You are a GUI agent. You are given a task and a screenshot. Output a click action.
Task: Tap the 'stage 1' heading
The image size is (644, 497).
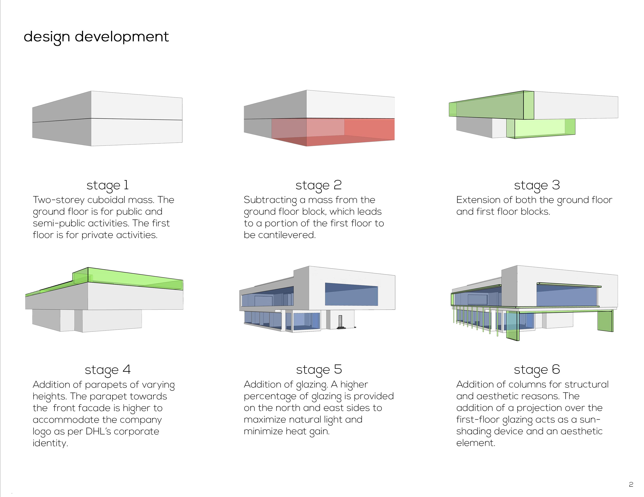(108, 185)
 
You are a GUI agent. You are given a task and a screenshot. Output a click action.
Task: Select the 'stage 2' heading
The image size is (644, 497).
(318, 185)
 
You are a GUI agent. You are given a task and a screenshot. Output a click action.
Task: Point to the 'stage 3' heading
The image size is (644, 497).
(537, 185)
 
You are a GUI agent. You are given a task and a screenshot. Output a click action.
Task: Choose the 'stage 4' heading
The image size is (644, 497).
(108, 370)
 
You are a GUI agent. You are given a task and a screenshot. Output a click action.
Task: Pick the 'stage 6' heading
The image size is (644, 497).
(537, 370)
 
